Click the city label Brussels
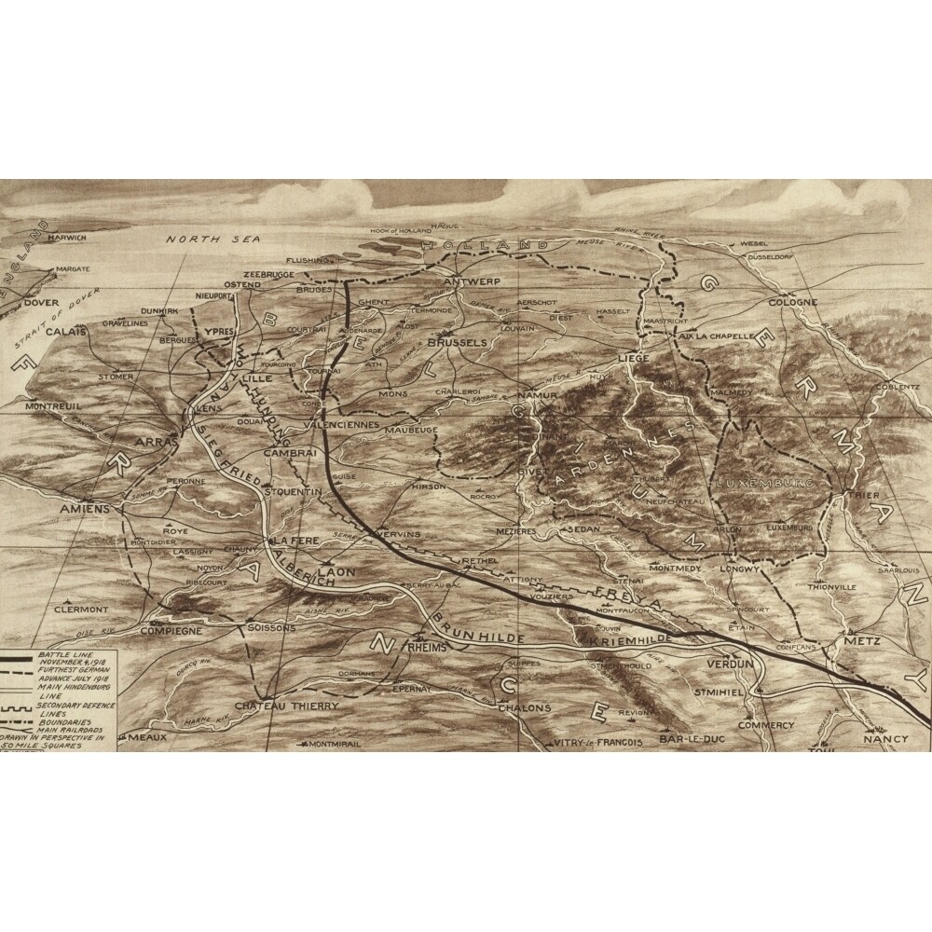457,343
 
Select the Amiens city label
84,510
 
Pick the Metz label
855,643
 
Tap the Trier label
864,497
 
